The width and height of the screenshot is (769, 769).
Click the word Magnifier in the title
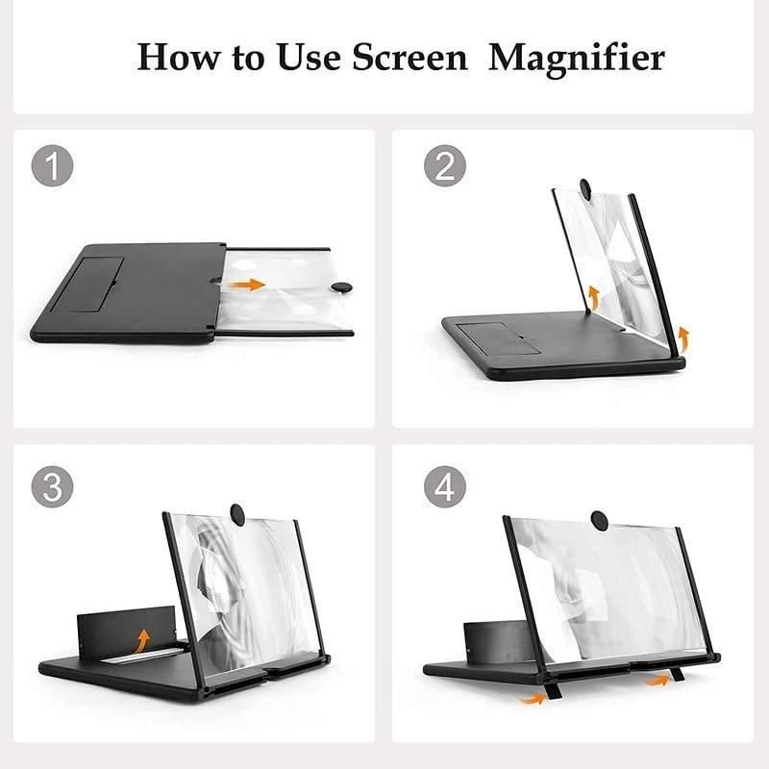pos(577,58)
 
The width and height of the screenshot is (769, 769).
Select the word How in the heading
pos(175,58)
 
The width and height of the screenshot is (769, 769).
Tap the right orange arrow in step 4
pos(657,680)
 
